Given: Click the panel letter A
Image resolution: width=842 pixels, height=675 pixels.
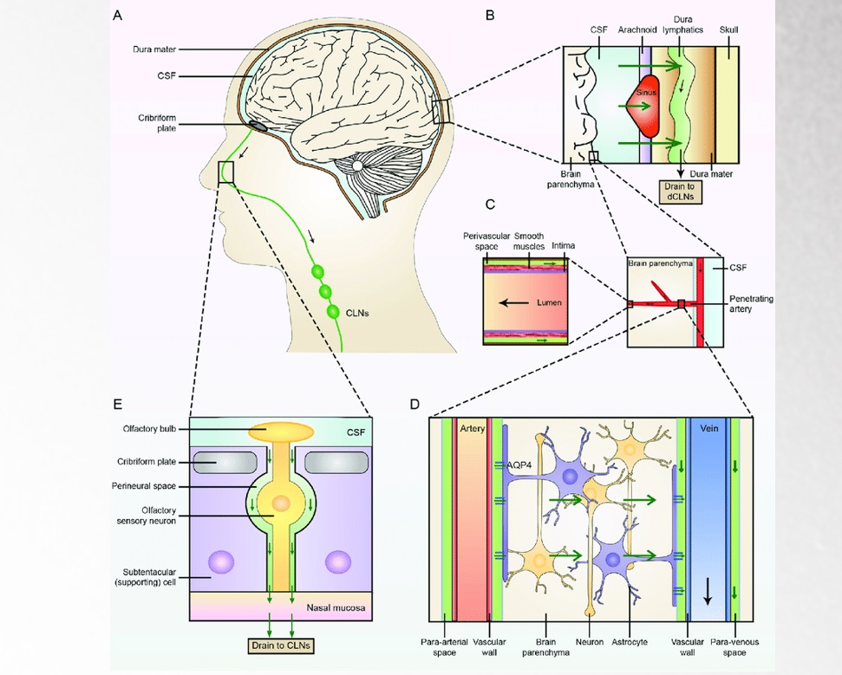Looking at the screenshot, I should point(118,16).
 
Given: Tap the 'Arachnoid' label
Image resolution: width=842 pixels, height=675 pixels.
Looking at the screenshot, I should point(637,29).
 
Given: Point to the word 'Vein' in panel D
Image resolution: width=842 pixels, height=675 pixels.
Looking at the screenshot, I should point(710,431).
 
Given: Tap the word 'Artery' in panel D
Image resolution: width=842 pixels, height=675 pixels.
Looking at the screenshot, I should point(472,431).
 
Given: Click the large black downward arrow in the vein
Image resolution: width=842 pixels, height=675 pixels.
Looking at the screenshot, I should point(708,591).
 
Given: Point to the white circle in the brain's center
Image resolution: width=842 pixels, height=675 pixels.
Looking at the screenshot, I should point(357,166).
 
